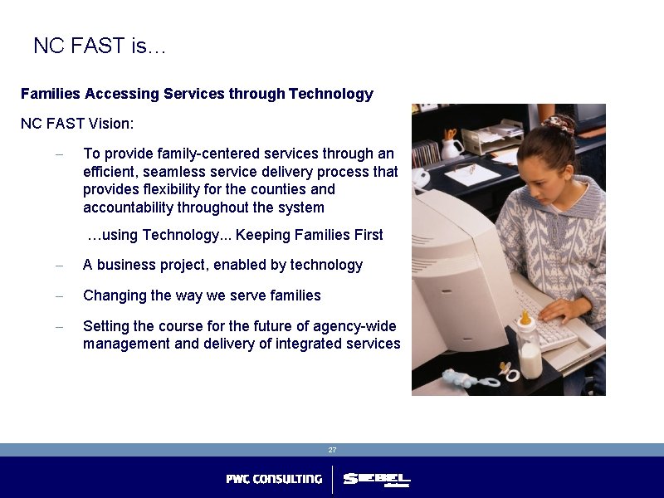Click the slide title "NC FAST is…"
tap(100, 46)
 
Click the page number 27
tap(332, 450)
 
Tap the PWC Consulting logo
tap(274, 479)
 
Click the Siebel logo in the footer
tap(377, 480)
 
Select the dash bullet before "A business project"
tap(59, 266)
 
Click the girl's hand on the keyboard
tap(565, 310)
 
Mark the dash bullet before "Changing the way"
tap(59, 296)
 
